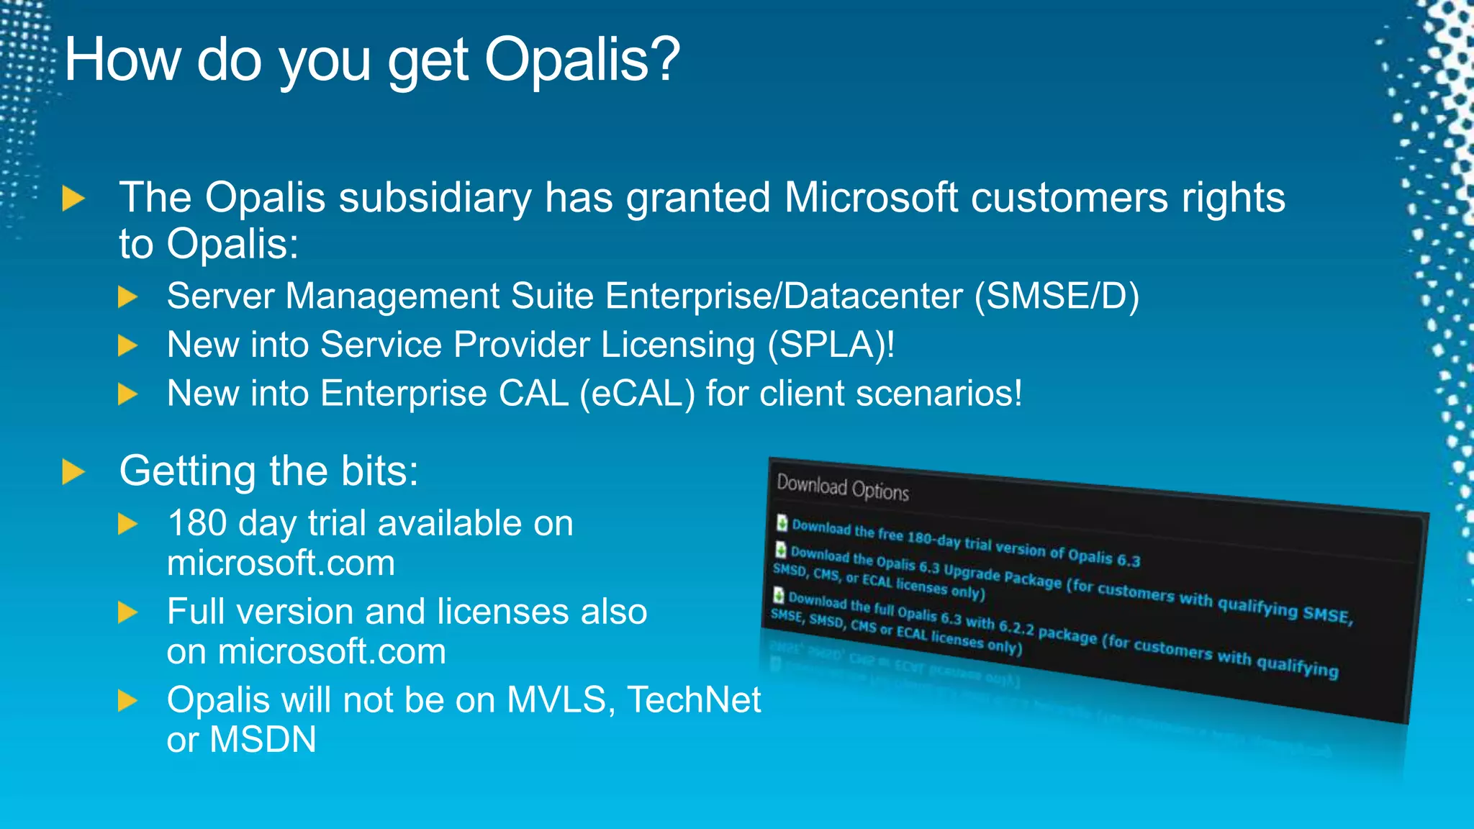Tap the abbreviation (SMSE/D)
click(1057, 296)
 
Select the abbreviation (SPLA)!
click(831, 345)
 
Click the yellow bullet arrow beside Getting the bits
click(73, 472)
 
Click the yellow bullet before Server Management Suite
click(127, 296)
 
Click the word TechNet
click(694, 700)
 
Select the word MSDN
click(263, 740)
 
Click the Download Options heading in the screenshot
click(842, 488)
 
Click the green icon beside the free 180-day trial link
click(782, 522)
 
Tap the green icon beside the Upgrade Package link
click(780, 551)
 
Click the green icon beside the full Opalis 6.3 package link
click(778, 595)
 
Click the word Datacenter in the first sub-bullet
click(872, 296)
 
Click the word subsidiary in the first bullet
click(435, 198)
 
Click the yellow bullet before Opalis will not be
click(127, 700)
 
